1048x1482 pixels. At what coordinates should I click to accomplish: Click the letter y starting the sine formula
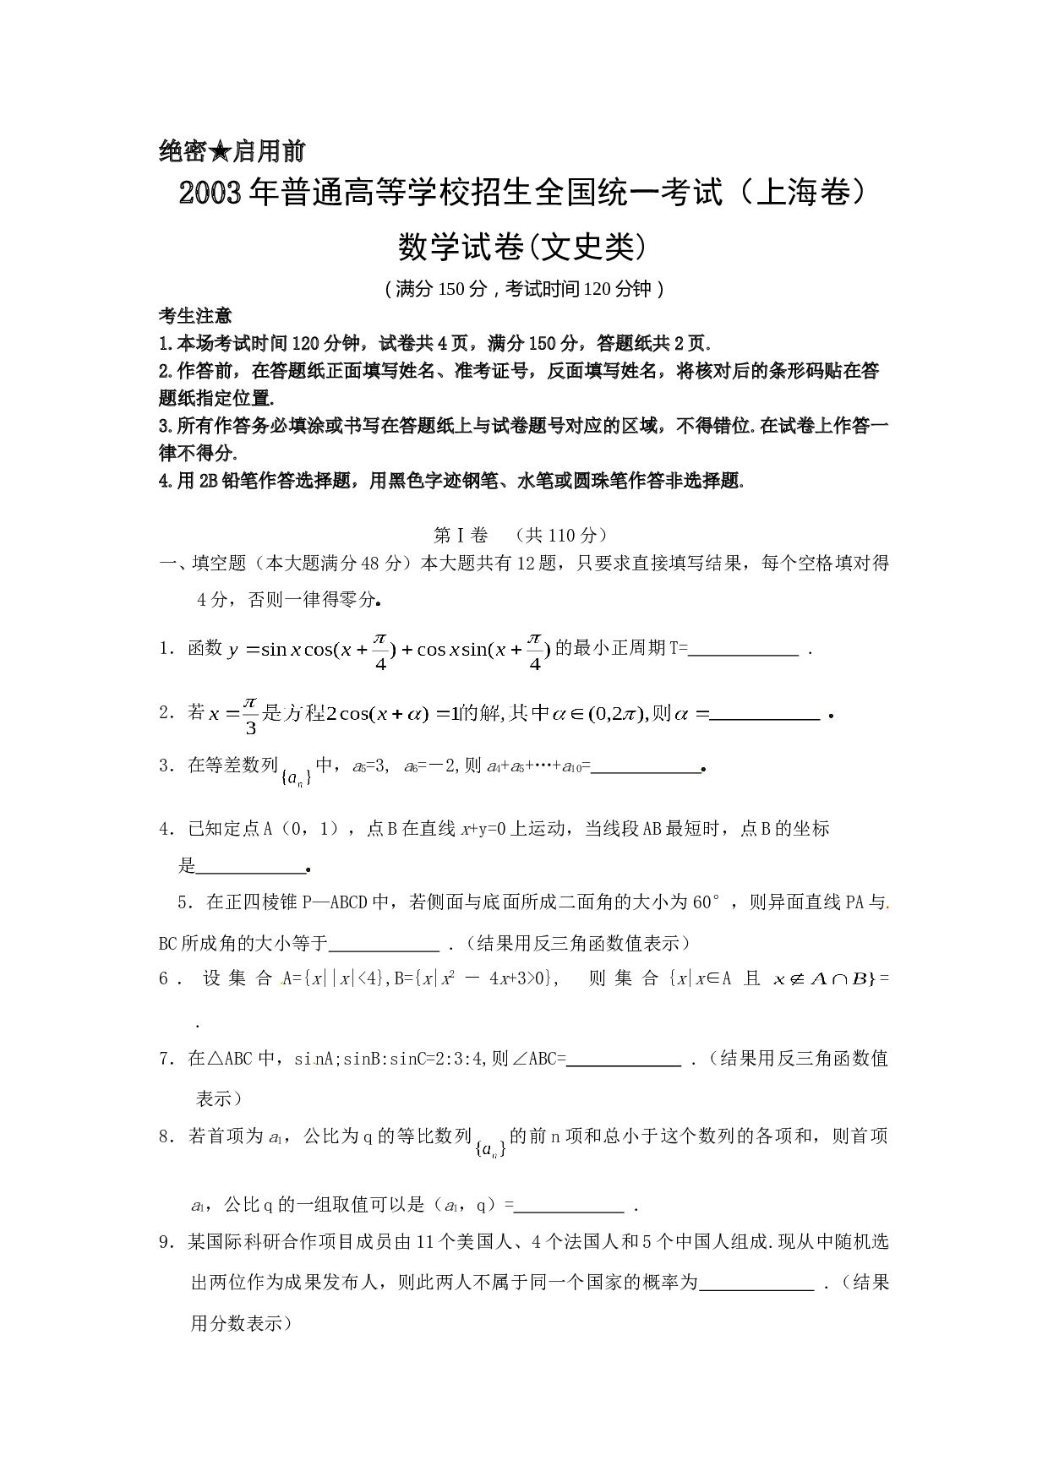[232, 651]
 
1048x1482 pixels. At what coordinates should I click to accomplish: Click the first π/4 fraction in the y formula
[380, 651]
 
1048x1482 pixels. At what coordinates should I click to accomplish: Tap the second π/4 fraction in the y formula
[534, 651]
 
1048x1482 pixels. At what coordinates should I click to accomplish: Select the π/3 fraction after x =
[250, 715]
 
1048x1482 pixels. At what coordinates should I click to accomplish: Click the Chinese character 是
[271, 714]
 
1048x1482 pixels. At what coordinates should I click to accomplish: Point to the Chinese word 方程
[303, 714]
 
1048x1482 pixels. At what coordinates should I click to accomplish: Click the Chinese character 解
[491, 714]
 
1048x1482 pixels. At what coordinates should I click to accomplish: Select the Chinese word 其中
[529, 714]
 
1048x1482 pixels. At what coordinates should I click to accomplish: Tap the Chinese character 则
[661, 714]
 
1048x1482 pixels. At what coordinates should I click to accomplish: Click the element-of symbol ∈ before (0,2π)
[577, 715]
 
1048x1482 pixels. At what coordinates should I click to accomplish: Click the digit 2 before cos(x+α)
[331, 715]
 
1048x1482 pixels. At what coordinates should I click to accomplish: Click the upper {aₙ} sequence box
[297, 778]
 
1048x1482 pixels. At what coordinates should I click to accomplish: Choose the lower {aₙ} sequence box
[490, 1149]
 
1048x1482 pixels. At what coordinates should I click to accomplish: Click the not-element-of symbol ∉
[797, 980]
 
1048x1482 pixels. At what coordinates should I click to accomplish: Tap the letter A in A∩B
[818, 979]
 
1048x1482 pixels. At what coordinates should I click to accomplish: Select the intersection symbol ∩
[839, 980]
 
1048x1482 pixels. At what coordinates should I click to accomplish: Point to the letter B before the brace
[859, 979]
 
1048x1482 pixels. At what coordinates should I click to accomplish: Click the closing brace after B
[872, 979]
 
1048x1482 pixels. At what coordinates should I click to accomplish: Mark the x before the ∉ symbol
[779, 980]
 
